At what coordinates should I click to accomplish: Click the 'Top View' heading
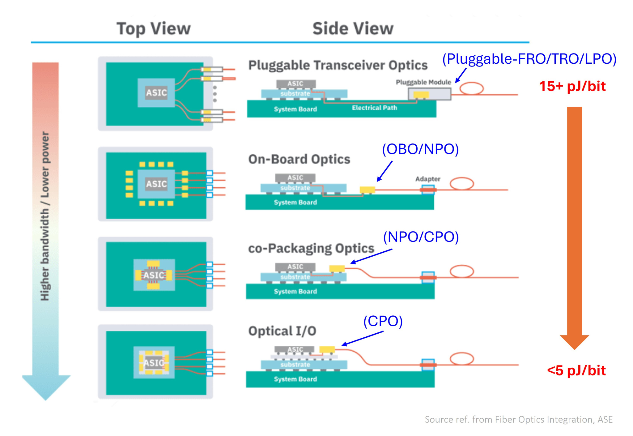pos(153,29)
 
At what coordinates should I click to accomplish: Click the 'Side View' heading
pos(353,29)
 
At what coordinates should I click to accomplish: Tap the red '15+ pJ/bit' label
pos(572,86)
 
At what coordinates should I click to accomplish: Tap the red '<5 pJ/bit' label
pos(576,370)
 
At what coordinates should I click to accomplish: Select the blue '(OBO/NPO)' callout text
pos(420,149)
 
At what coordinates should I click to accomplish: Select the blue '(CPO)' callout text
pos(383,321)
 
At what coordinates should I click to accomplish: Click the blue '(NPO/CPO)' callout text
pos(421,237)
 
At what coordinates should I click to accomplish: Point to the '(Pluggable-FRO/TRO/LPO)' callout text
pos(529,59)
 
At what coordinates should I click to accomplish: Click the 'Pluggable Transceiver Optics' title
pos(338,65)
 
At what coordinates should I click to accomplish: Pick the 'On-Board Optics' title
pos(299,159)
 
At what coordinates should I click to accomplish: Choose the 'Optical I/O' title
pos(282,331)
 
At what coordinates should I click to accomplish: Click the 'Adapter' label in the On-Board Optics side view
pos(428,179)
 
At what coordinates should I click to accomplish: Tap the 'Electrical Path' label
pos(374,108)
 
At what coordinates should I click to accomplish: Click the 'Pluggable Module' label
pos(423,82)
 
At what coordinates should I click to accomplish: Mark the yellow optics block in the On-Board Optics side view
pos(367,190)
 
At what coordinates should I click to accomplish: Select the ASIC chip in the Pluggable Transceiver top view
pos(156,93)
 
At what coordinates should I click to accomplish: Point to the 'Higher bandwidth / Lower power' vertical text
pos(45,216)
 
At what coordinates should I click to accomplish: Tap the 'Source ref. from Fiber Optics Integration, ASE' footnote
pos(519,420)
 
